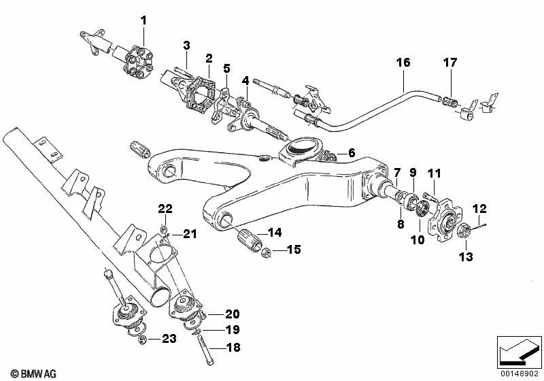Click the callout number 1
click(143, 20)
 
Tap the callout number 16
click(403, 63)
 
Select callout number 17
click(450, 63)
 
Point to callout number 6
click(352, 152)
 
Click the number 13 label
click(466, 256)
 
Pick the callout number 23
click(169, 338)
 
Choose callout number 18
click(233, 348)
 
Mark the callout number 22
click(165, 209)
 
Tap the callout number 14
click(275, 232)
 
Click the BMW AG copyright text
click(33, 374)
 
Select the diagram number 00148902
click(520, 374)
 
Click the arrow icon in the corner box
click(519, 352)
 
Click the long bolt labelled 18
click(205, 349)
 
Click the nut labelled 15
click(265, 254)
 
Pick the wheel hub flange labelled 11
click(443, 217)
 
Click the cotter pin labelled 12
click(477, 227)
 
